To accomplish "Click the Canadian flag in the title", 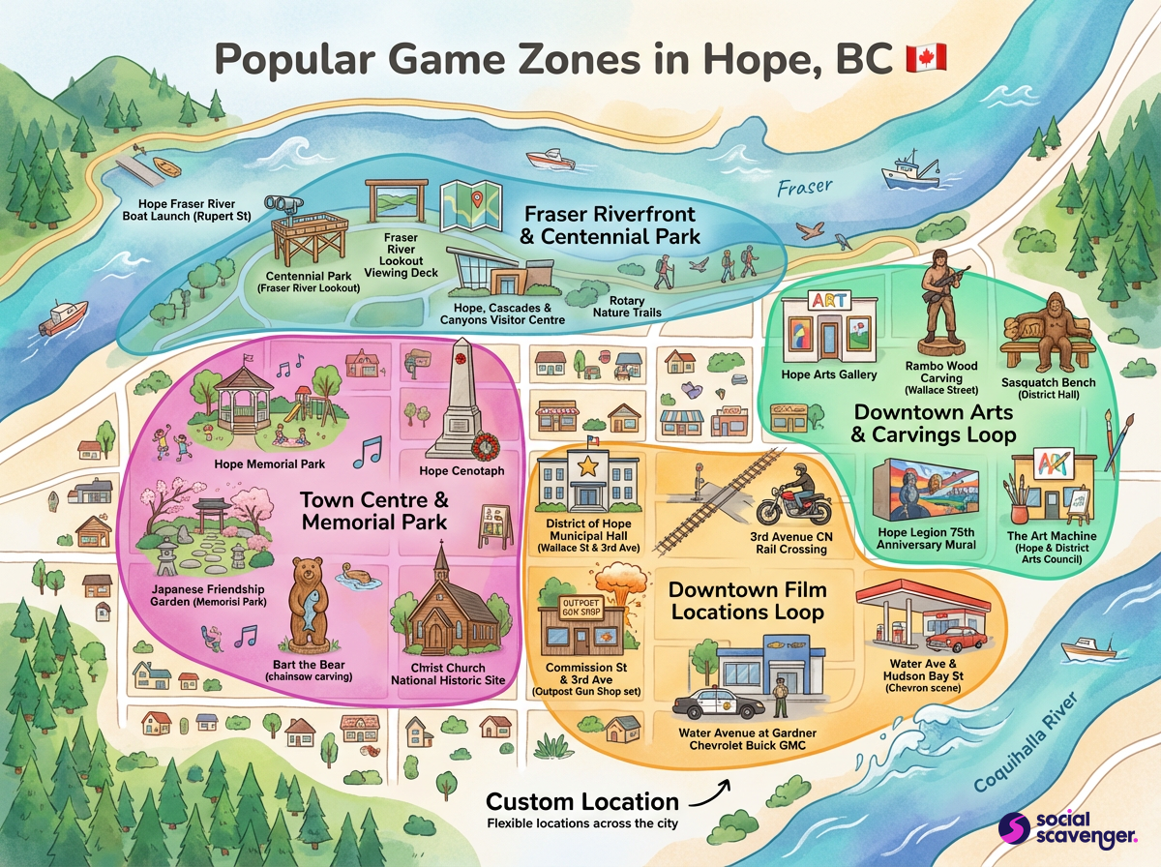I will tap(926, 58).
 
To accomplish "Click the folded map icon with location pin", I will tap(469, 204).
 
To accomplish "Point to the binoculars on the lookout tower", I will tap(288, 203).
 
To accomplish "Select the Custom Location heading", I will tap(582, 802).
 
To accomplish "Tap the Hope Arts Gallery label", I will tap(830, 374).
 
